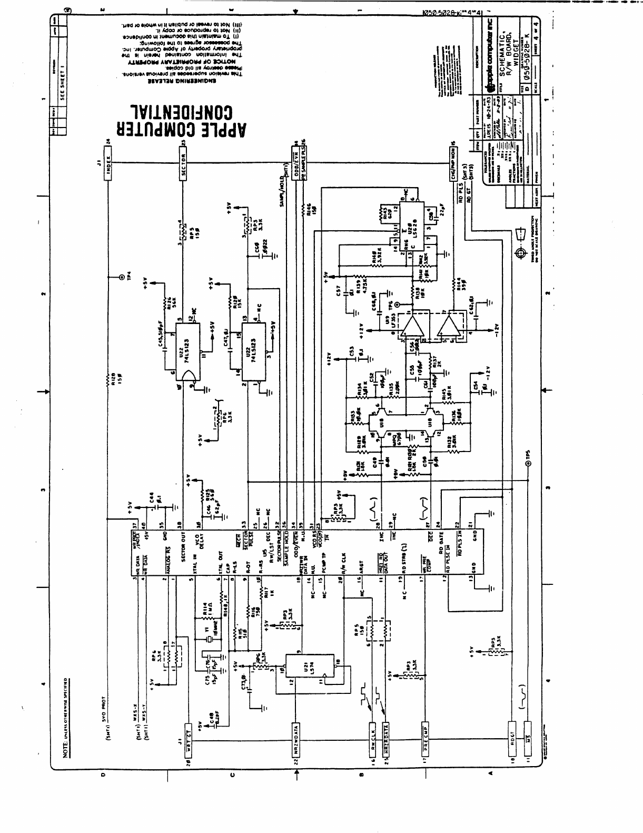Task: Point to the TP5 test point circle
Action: pyautogui.click(x=527, y=463)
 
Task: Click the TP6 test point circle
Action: pyautogui.click(x=398, y=304)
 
